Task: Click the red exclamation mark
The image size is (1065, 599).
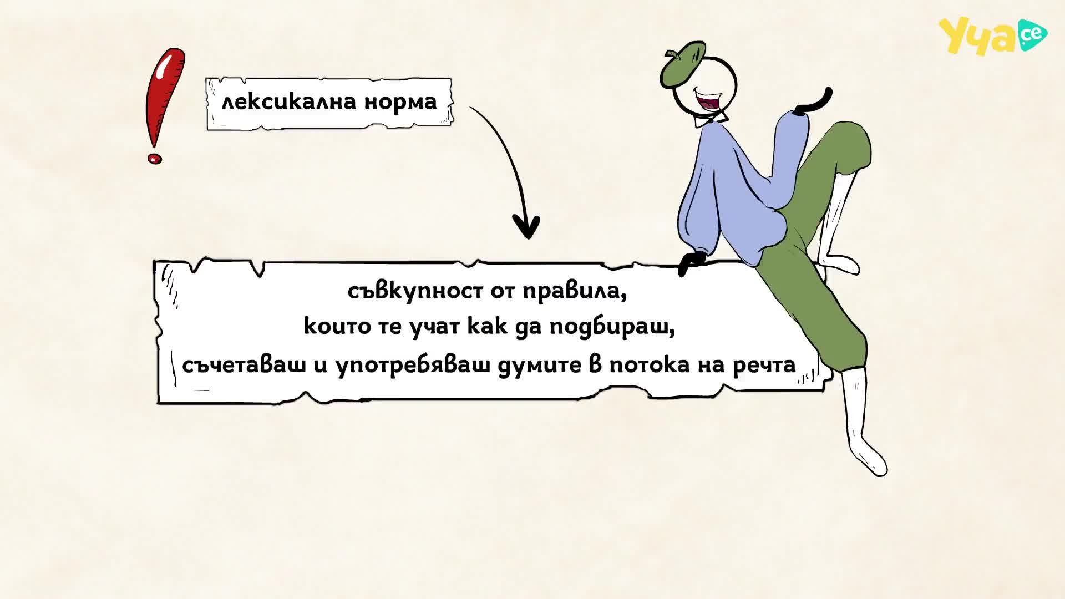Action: (x=164, y=105)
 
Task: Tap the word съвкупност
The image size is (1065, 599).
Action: (x=415, y=291)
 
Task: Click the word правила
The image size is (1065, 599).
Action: (x=575, y=291)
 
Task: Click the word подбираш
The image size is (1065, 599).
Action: (x=612, y=327)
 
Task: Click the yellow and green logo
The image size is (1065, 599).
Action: (x=992, y=37)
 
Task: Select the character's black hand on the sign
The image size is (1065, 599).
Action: (x=692, y=263)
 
